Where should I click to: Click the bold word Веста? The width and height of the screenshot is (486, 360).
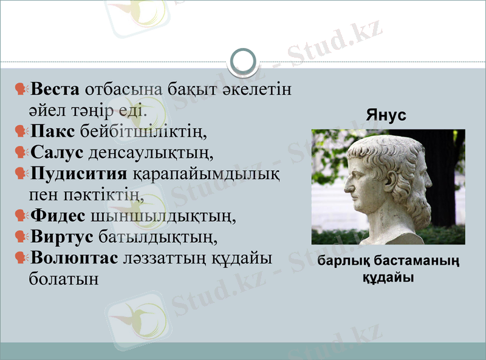55,90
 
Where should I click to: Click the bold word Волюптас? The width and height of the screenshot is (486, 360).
74,257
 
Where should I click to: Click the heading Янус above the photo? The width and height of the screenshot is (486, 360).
386,115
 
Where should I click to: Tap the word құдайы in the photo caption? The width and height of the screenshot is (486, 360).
388,278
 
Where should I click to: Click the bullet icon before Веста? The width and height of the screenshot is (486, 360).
21,90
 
